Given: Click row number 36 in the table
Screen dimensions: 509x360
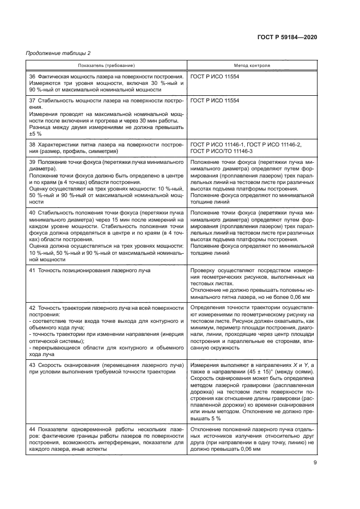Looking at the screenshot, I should [32, 77].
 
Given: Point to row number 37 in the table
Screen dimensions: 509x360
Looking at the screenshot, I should [32, 101].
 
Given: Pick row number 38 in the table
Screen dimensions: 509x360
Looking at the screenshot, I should [32, 144].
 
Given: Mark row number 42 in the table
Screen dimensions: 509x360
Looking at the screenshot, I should [32, 308].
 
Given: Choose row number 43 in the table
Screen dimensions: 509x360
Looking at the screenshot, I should [32, 363].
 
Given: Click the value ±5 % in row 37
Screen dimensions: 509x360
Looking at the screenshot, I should [35, 133].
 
